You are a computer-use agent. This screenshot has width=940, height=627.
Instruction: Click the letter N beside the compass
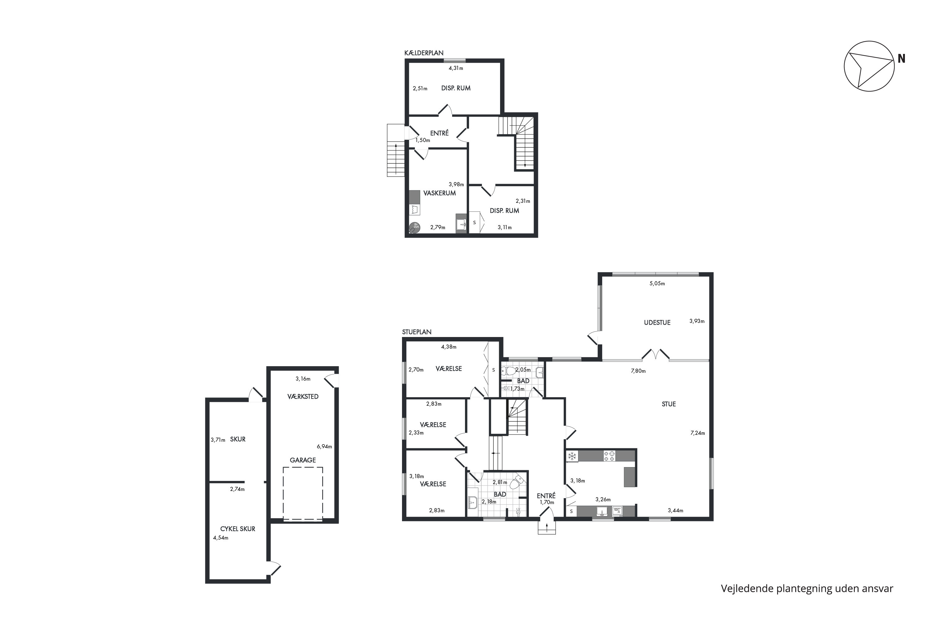pyautogui.click(x=901, y=59)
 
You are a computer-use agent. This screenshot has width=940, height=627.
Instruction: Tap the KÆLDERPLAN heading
pyautogui.click(x=424, y=53)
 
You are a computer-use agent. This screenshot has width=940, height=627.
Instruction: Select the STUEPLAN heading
pyautogui.click(x=417, y=332)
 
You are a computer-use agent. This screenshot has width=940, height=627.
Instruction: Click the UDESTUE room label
pyautogui.click(x=657, y=323)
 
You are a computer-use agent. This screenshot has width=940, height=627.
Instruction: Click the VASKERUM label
pyautogui.click(x=440, y=193)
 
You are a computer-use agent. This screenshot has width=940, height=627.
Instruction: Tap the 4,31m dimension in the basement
pyautogui.click(x=456, y=68)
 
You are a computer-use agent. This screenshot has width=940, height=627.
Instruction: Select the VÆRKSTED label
pyautogui.click(x=303, y=397)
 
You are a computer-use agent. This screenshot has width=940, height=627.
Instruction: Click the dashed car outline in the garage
pyautogui.click(x=303, y=494)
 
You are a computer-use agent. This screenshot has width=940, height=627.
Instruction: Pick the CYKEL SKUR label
pyautogui.click(x=238, y=529)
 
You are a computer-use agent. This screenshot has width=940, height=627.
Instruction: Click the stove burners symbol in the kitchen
pyautogui.click(x=609, y=456)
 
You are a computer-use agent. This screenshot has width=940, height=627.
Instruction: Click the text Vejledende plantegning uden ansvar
pyautogui.click(x=807, y=589)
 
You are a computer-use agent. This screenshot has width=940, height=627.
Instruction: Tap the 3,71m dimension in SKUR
pyautogui.click(x=218, y=440)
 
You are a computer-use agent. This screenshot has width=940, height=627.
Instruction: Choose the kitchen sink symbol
pyautogui.click(x=602, y=511)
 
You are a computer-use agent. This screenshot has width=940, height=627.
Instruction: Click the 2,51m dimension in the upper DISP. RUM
pyautogui.click(x=420, y=89)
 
